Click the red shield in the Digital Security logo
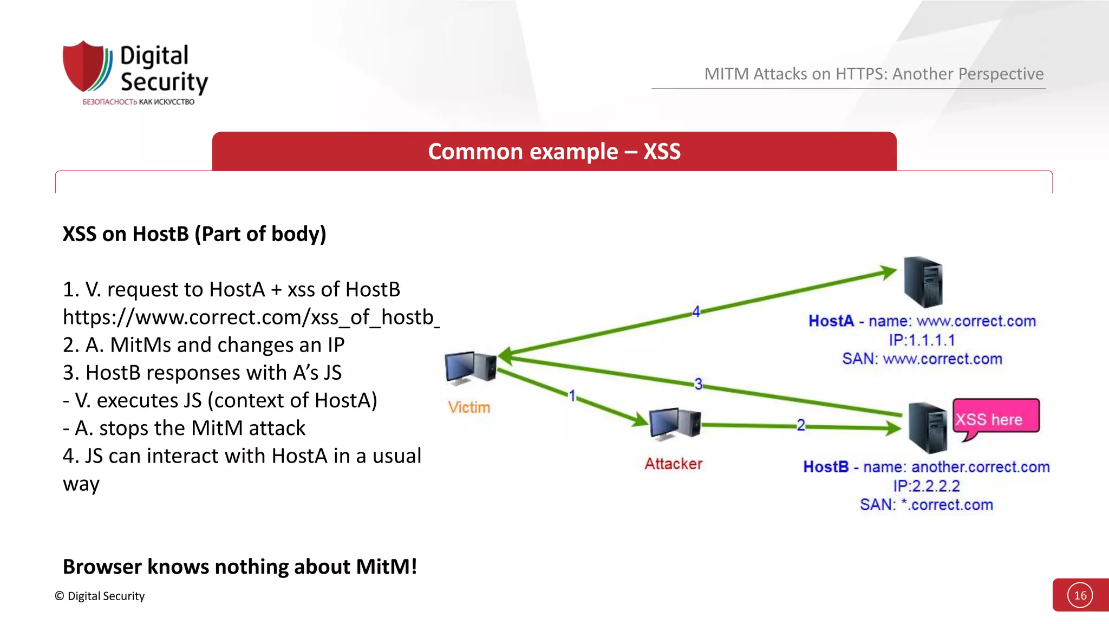(x=84, y=66)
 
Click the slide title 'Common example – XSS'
(x=554, y=152)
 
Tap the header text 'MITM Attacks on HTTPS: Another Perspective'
(x=873, y=74)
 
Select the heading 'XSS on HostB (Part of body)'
(x=194, y=234)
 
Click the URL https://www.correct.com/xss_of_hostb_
(x=251, y=317)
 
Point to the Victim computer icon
(x=469, y=368)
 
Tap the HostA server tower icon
(x=923, y=282)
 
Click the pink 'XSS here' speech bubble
(x=995, y=417)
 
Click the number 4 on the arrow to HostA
(x=696, y=311)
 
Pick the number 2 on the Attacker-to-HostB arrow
(x=800, y=425)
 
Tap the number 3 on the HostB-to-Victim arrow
(x=698, y=384)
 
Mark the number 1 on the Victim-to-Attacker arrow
(x=572, y=395)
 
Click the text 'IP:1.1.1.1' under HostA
(x=922, y=340)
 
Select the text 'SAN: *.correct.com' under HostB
(x=926, y=505)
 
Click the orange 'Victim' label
(x=469, y=407)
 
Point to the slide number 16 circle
(x=1080, y=595)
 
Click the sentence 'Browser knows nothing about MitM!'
(x=240, y=567)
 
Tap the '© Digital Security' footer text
(x=100, y=596)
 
